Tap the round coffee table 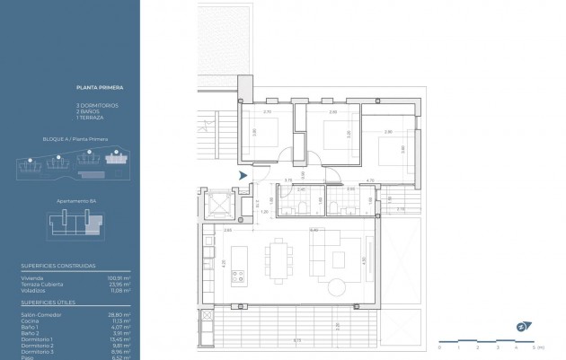pyautogui.click(x=337, y=287)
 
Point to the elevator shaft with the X pyautogui.click(x=218, y=206)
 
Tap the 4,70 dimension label pyautogui.click(x=370, y=180)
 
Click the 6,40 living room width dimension pyautogui.click(x=314, y=231)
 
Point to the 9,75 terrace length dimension pyautogui.click(x=297, y=340)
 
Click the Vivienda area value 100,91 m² pyautogui.click(x=120, y=278)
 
